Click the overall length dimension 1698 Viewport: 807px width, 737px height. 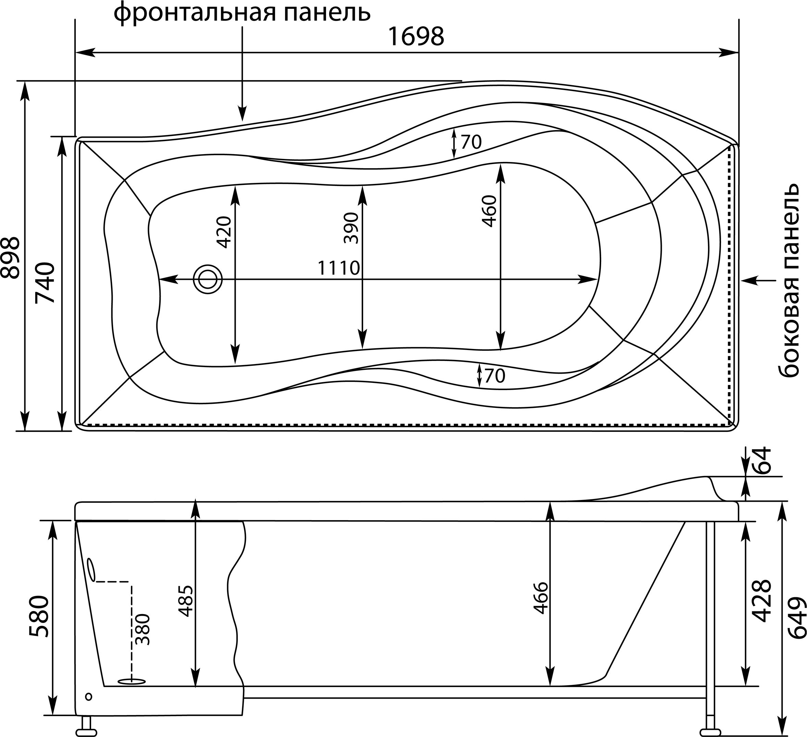(x=416, y=37)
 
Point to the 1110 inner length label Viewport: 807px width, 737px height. (x=339, y=268)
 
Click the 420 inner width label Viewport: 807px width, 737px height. (x=223, y=232)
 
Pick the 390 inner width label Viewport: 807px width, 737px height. (x=351, y=228)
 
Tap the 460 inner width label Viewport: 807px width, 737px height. (x=489, y=211)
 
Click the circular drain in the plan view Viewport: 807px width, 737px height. (x=207, y=279)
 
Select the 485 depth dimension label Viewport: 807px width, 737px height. (x=185, y=600)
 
